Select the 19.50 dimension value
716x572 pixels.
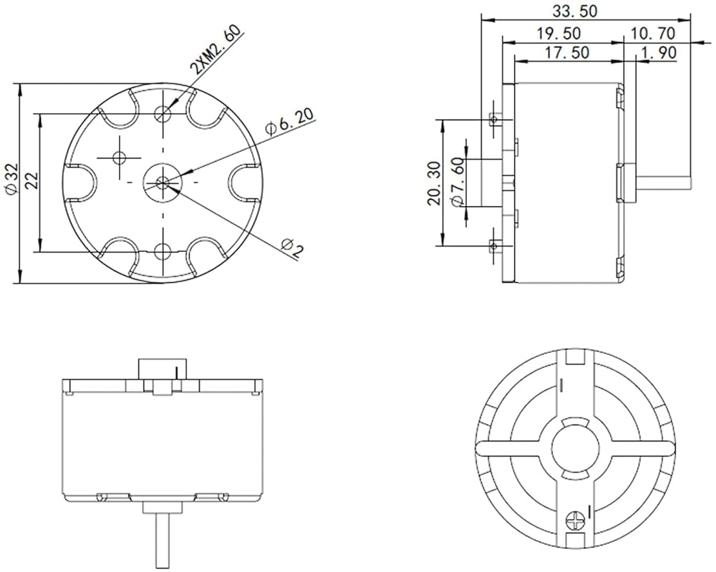559,34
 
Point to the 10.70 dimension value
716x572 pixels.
653,34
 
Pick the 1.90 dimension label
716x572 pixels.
659,52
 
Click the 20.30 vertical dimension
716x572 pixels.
434,183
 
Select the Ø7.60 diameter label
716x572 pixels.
457,183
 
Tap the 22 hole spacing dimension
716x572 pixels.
32,181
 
